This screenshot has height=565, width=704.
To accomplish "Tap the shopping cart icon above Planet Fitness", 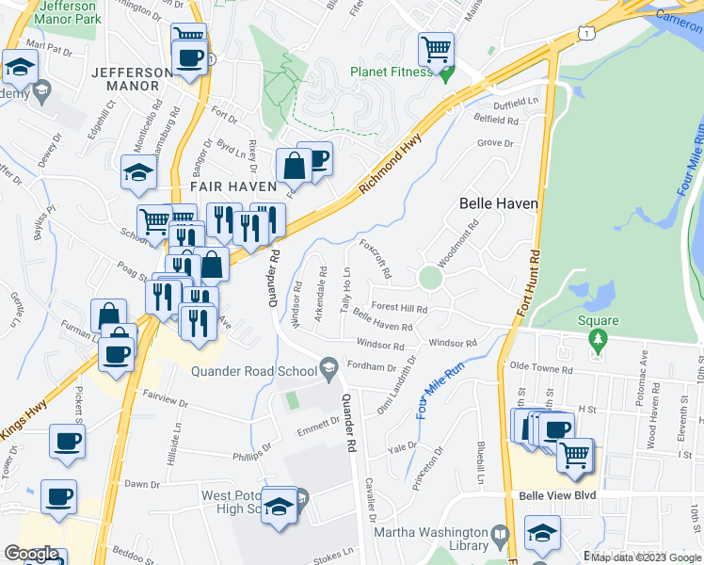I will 436,48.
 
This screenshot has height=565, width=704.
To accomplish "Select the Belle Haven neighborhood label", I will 498,203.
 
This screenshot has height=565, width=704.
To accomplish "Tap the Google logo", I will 30,554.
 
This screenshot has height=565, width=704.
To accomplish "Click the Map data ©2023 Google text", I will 646,557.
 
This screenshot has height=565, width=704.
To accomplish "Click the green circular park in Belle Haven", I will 430,278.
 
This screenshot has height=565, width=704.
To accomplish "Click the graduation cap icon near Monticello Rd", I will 137,172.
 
